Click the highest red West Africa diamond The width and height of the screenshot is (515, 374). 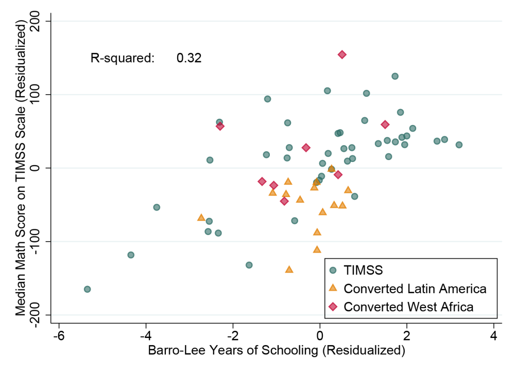(x=342, y=55)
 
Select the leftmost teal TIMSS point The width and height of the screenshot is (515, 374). (x=88, y=289)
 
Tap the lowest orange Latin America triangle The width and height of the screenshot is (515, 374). (x=289, y=269)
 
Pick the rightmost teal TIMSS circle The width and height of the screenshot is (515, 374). (x=459, y=145)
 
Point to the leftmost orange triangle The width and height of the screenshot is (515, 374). (x=201, y=217)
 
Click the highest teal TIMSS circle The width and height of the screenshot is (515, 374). (x=395, y=76)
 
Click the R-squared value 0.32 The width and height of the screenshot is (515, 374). (x=189, y=58)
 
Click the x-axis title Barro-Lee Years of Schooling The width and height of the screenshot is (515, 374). (x=277, y=352)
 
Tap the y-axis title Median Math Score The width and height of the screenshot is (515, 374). (x=21, y=168)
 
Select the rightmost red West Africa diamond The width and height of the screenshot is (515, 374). (x=385, y=124)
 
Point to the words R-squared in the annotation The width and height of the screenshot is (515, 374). (x=123, y=58)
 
